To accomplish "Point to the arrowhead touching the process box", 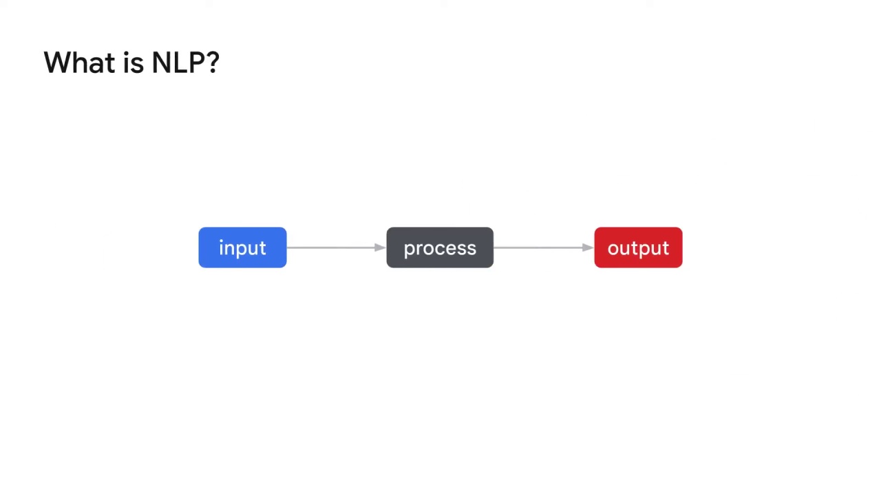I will click(x=381, y=247).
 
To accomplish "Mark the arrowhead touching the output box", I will click(x=588, y=247).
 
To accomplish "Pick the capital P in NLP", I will click(x=193, y=63).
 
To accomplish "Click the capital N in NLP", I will click(x=160, y=63).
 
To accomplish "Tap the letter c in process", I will click(x=437, y=249).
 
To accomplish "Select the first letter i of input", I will click(x=222, y=247).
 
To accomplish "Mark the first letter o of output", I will click(x=613, y=249).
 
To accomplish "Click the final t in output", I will click(x=666, y=248).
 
